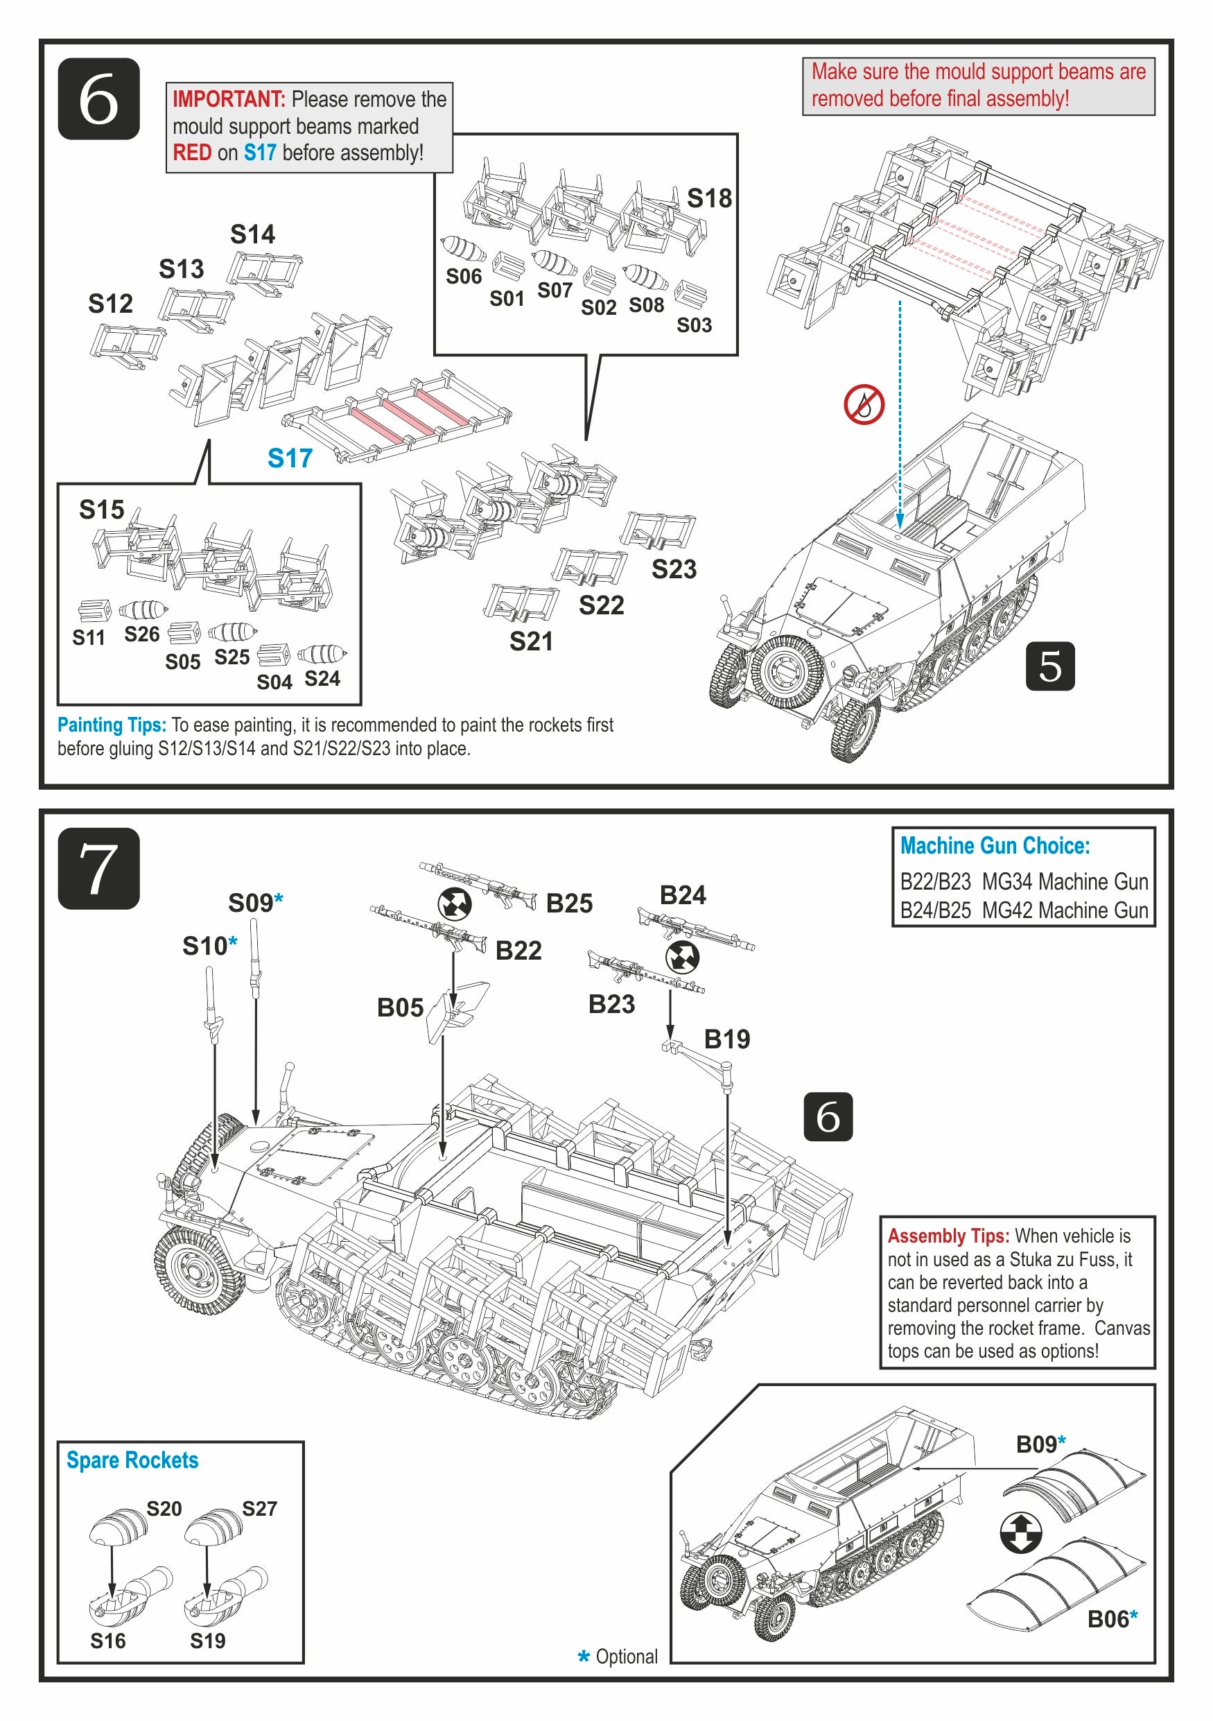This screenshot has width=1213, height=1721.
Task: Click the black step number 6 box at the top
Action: pos(98,99)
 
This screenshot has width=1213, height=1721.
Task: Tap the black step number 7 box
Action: pos(98,868)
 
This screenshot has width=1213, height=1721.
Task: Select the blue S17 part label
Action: pos(290,458)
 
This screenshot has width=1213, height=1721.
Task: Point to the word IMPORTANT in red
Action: pos(229,99)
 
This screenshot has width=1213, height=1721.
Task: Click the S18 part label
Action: pos(709,198)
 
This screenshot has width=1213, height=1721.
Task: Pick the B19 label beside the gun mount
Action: pos(726,1039)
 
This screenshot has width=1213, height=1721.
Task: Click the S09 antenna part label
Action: pos(256,903)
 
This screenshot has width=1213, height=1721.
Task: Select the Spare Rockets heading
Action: pos(132,1460)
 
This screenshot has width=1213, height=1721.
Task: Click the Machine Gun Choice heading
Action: pos(994,845)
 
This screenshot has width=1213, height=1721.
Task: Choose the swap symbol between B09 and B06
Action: pos(1020,1533)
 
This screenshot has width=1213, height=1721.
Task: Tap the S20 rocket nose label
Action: pos(164,1508)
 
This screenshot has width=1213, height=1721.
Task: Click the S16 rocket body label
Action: pos(108,1641)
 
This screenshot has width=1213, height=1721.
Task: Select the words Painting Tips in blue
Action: pos(112,725)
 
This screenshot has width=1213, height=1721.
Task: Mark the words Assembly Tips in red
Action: pos(948,1236)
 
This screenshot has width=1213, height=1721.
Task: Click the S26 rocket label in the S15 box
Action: pos(141,634)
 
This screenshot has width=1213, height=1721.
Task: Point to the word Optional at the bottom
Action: pos(627,1657)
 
